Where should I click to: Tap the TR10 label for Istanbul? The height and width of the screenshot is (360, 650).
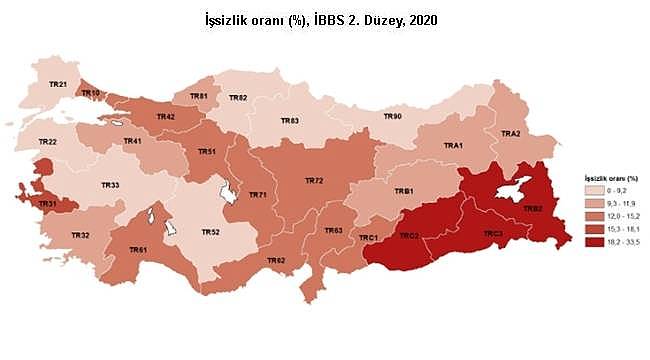click(x=91, y=93)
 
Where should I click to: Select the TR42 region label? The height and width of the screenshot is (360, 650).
click(x=166, y=117)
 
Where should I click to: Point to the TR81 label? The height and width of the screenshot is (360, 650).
click(x=198, y=96)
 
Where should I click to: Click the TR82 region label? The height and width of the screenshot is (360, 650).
click(x=238, y=97)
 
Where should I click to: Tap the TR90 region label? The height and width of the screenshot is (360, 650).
click(x=393, y=116)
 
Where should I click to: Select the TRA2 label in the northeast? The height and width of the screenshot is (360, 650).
click(x=510, y=133)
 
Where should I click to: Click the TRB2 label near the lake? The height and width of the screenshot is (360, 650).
click(x=532, y=209)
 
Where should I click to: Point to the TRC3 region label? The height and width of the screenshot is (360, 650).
click(x=493, y=234)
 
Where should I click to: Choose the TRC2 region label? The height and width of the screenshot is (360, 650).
click(x=408, y=236)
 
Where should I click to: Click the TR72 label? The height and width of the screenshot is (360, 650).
click(x=314, y=181)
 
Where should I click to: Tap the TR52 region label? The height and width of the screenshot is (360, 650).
click(x=210, y=232)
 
